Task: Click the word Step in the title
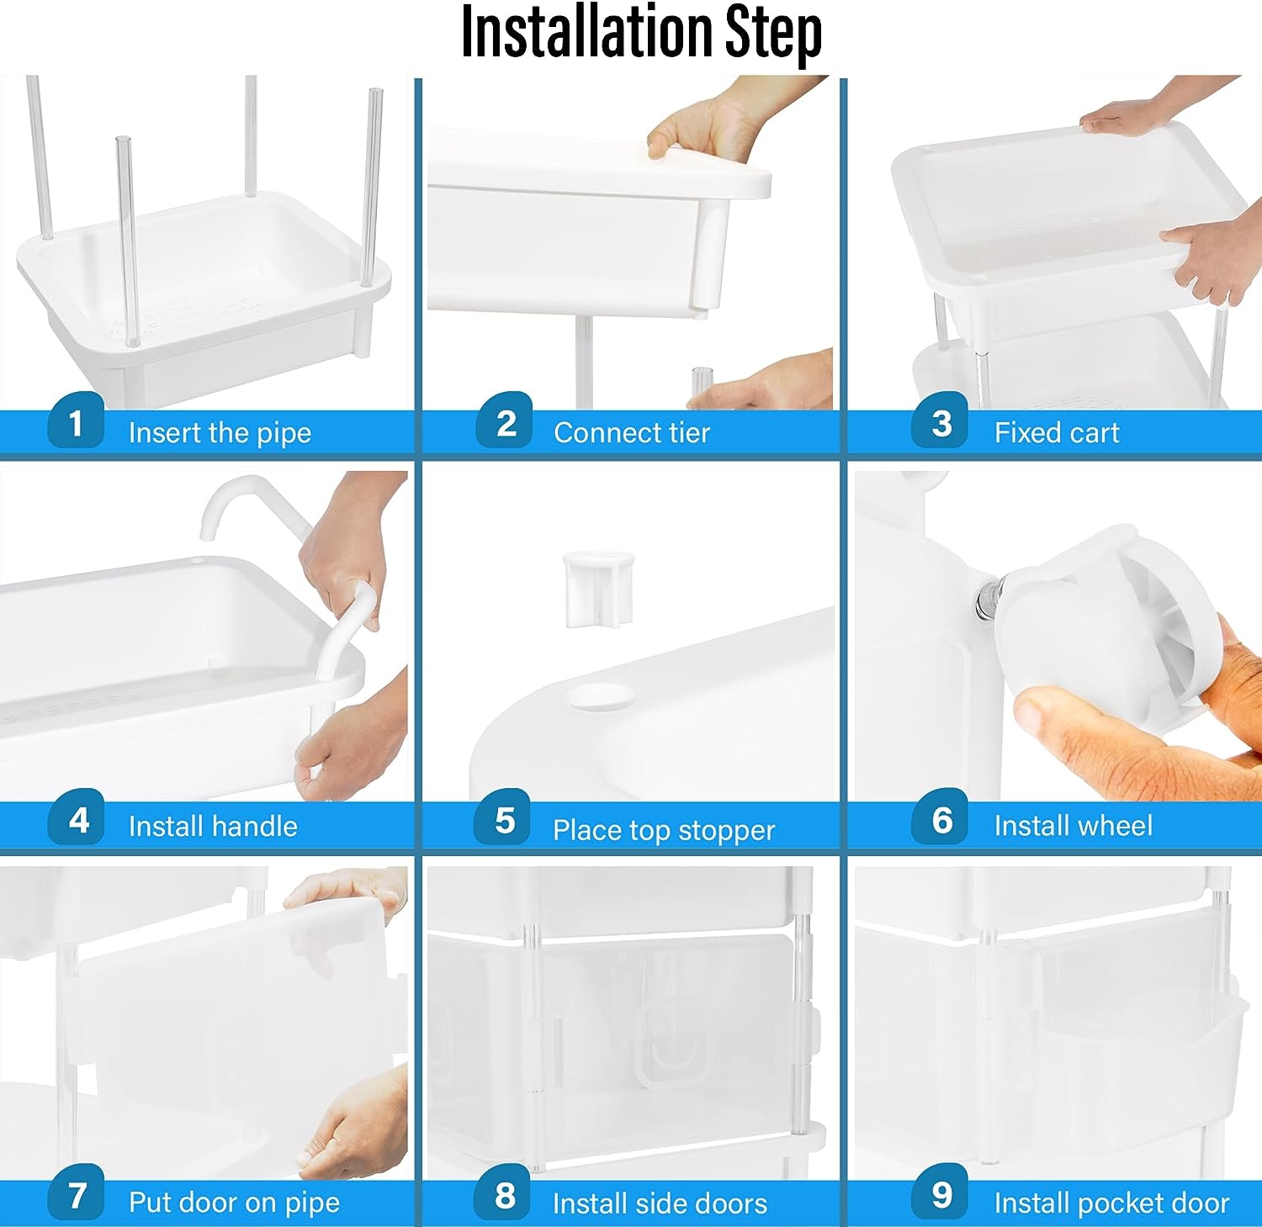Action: (x=773, y=35)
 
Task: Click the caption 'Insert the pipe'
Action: (x=220, y=433)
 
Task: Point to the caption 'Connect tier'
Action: (x=632, y=432)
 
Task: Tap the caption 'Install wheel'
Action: (x=1073, y=826)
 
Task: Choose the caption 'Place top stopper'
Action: (x=663, y=830)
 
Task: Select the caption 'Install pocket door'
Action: (x=1111, y=1203)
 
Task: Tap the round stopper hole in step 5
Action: (x=601, y=697)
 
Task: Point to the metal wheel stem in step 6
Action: (x=986, y=598)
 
